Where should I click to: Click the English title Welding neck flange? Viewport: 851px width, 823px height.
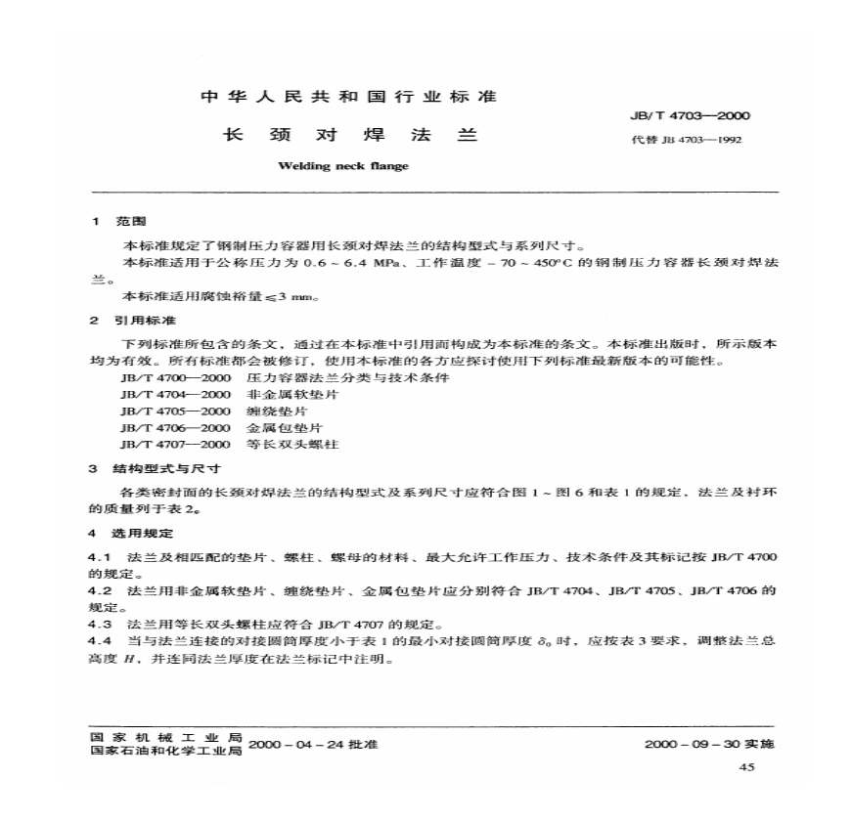343,166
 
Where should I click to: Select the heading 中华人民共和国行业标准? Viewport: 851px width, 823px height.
349,97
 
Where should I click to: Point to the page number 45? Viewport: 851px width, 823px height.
748,769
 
